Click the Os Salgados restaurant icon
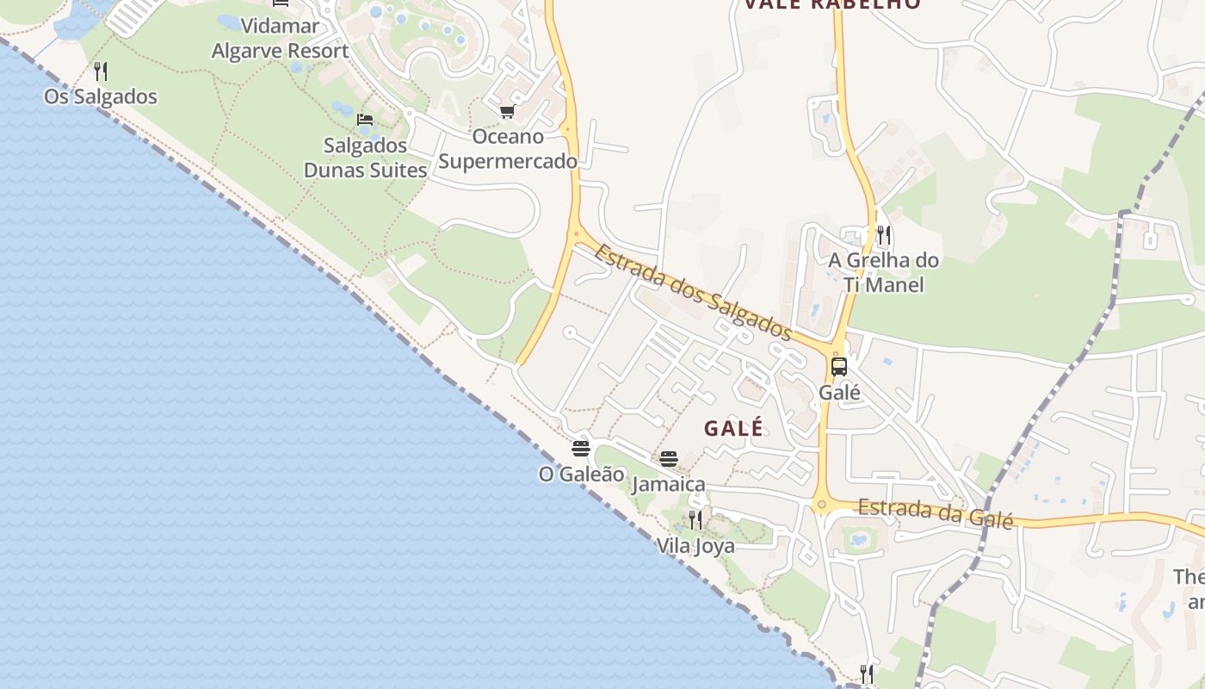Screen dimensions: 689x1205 coord(101,71)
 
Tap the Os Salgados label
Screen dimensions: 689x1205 coord(101,96)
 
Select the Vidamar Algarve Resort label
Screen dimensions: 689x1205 coord(281,38)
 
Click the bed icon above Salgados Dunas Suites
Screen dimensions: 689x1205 coord(365,119)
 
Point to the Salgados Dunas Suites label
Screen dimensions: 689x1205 coord(365,158)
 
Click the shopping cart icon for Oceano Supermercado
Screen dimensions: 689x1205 coord(507,111)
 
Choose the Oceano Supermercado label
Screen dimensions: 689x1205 coord(508,149)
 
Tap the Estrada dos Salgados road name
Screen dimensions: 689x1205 coord(692,292)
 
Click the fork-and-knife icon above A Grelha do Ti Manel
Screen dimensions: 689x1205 coord(883,234)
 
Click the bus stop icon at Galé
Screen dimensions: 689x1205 coord(839,367)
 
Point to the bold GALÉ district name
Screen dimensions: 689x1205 coord(733,428)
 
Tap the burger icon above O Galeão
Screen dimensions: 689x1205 coord(581,449)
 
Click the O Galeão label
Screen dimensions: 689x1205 coord(581,474)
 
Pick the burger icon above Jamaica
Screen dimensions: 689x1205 coord(669,459)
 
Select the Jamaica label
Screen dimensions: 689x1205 coord(669,484)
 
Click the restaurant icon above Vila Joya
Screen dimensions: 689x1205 coord(695,520)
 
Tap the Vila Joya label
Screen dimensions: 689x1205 coord(695,546)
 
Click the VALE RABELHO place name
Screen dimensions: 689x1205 coord(831,4)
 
